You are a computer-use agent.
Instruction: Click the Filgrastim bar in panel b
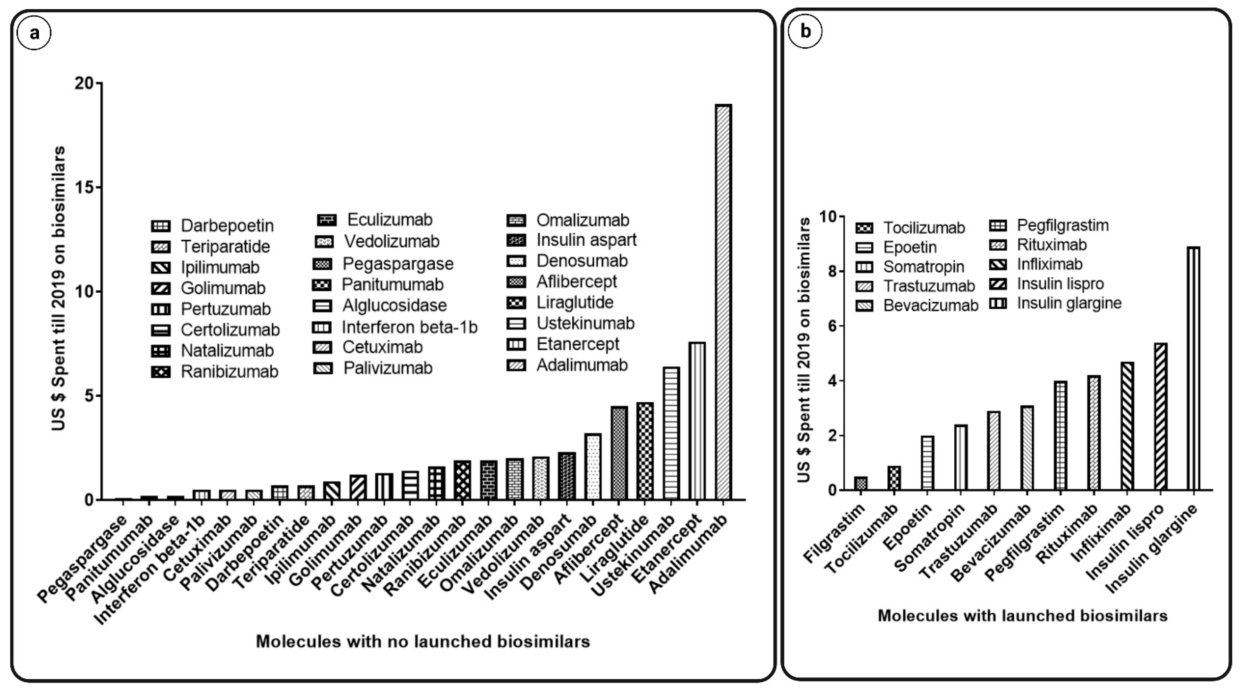coord(861,484)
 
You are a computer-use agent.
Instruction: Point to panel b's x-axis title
coord(1022,616)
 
